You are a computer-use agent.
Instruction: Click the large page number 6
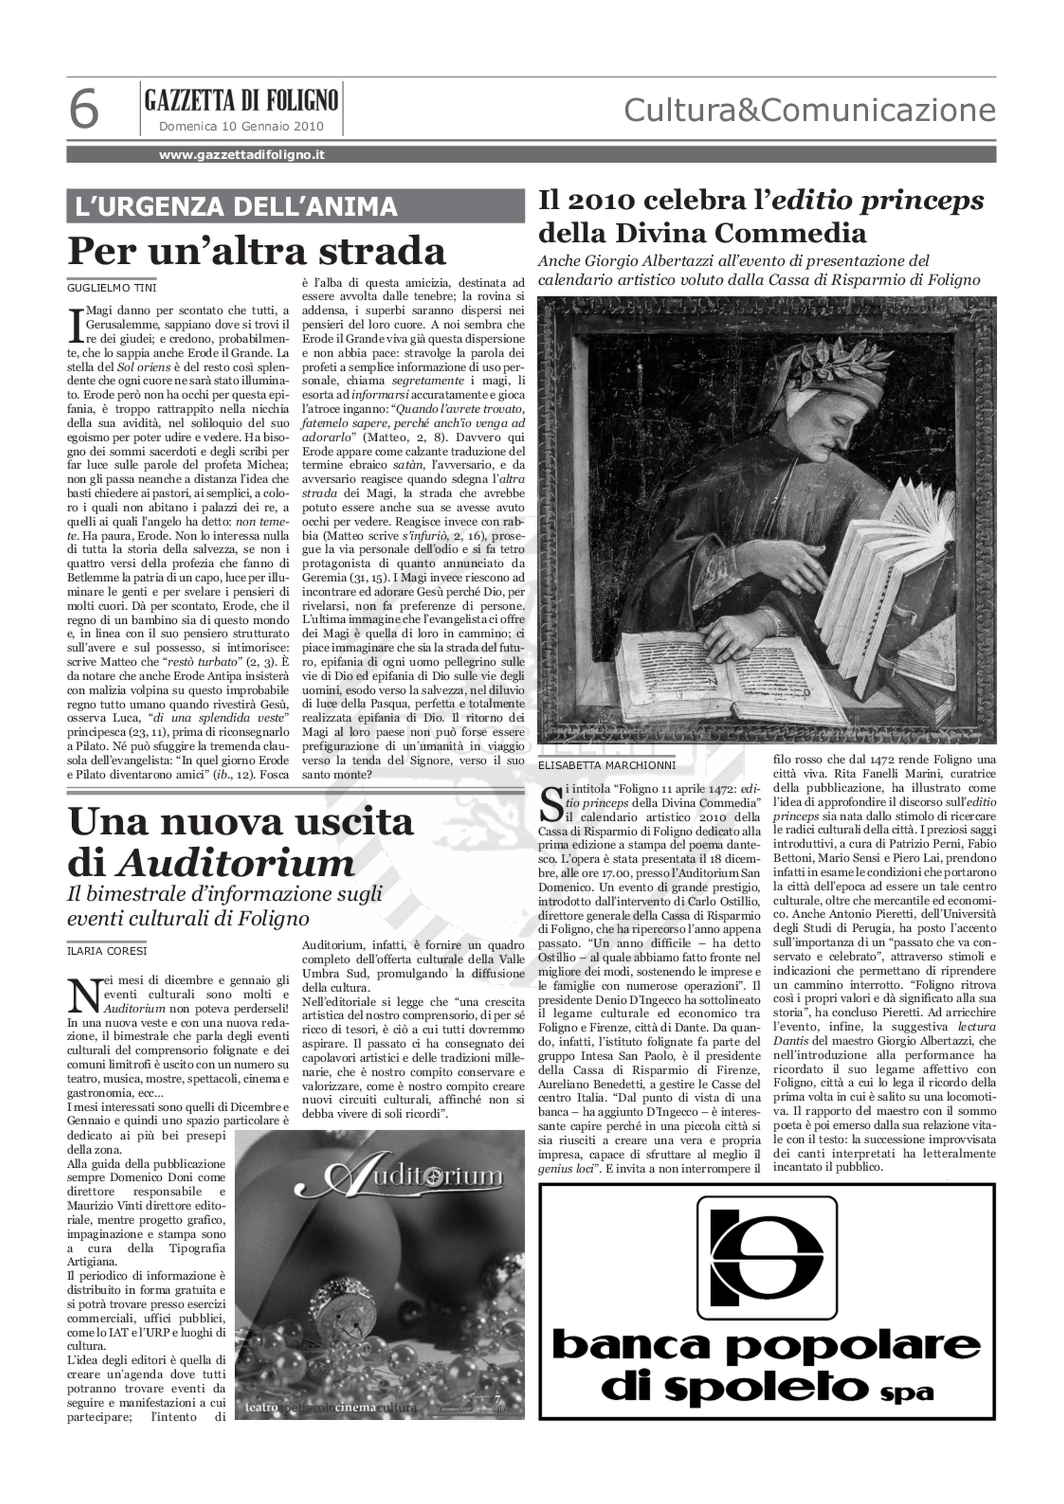[x=84, y=109]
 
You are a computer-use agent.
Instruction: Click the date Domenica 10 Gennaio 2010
[x=241, y=126]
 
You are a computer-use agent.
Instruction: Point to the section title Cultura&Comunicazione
[x=809, y=110]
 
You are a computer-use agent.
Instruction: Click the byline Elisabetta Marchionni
[x=606, y=765]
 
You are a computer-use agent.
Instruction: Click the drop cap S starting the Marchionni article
[x=550, y=806]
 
